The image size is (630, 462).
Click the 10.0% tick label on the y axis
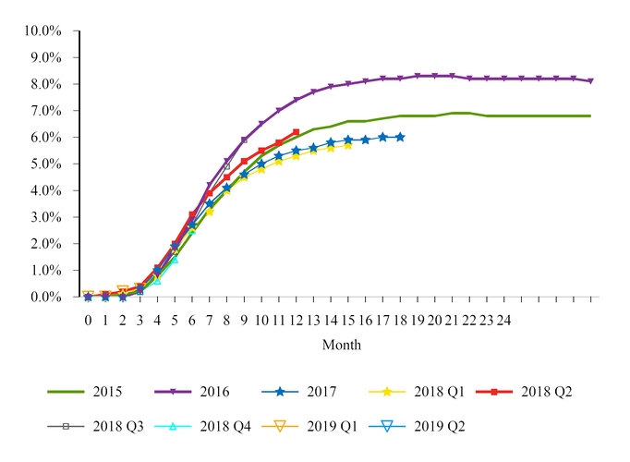(x=42, y=30)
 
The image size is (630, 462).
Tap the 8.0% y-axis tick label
(x=45, y=84)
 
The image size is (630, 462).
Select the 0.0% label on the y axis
(x=45, y=298)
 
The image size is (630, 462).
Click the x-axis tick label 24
(x=504, y=320)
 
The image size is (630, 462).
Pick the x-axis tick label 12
(x=296, y=320)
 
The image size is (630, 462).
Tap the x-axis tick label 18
(x=400, y=320)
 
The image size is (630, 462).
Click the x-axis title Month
(x=341, y=346)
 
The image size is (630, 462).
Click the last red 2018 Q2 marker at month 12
(x=296, y=132)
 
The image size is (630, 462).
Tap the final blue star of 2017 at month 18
(x=400, y=137)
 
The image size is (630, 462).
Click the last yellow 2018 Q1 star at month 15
(x=348, y=145)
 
